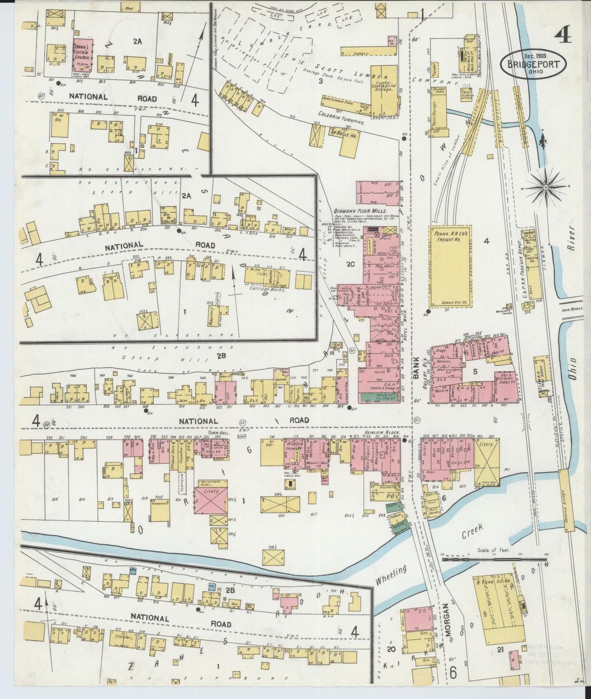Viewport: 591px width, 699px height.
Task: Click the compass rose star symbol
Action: coord(545,187)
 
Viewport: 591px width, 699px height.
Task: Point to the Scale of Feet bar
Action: coord(494,559)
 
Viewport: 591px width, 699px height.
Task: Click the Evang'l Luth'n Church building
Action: coord(83,58)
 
